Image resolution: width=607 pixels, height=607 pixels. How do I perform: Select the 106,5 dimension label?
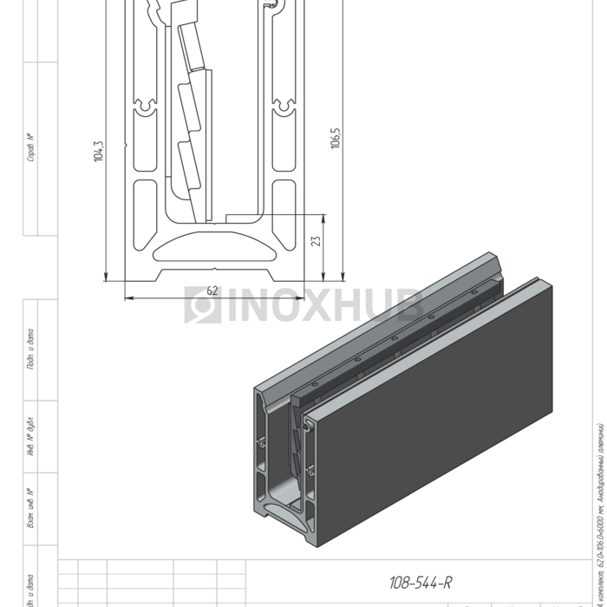pyautogui.click(x=336, y=138)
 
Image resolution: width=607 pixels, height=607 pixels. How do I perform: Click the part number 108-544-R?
pyautogui.click(x=421, y=583)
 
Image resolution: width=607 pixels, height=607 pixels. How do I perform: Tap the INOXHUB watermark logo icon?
pyautogui.click(x=203, y=305)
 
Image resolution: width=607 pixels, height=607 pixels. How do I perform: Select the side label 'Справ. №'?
pyautogui.click(x=31, y=148)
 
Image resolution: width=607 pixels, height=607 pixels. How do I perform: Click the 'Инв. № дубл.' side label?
pyautogui.click(x=31, y=438)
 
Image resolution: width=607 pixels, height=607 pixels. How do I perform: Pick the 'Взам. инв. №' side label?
pyautogui.click(x=31, y=508)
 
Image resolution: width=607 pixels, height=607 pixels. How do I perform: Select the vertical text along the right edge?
pyautogui.click(x=599, y=512)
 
